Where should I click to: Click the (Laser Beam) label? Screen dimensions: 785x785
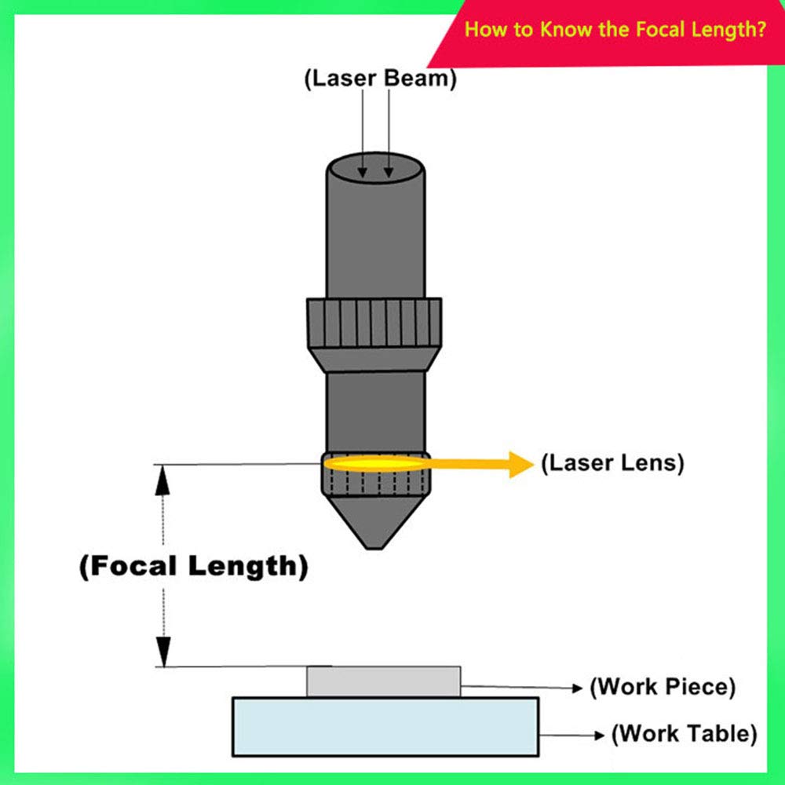pos(380,79)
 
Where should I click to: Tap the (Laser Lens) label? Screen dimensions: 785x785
pos(612,463)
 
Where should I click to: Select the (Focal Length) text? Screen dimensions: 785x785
pos(193,567)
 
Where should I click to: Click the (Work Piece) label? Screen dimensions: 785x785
pos(663,687)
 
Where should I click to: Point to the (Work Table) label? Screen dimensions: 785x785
pos(685,735)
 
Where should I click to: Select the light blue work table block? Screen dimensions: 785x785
pos(385,726)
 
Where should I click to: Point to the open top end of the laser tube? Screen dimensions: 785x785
pos(375,167)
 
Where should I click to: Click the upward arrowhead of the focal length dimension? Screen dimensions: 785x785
pos(162,480)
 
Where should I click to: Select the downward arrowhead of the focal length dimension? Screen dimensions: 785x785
pos(162,651)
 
